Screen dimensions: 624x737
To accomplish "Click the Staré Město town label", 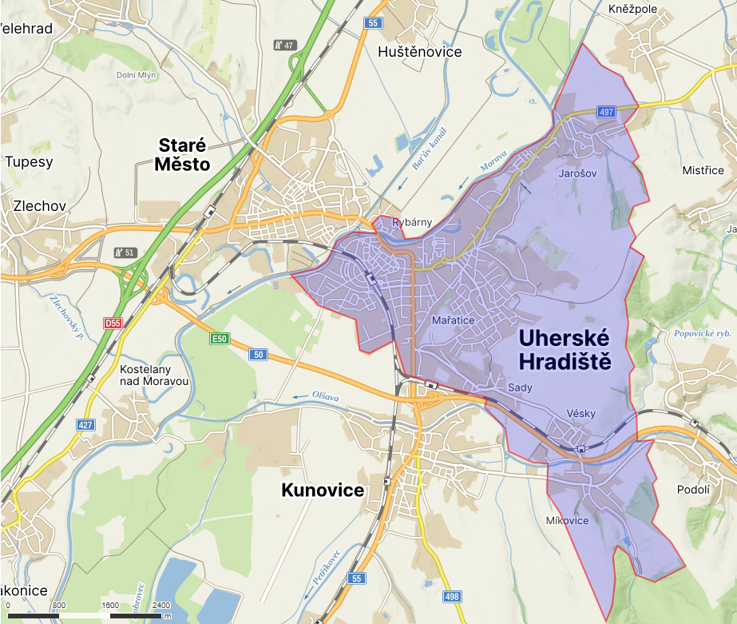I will (184, 155).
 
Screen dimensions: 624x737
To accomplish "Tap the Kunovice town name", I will (323, 490).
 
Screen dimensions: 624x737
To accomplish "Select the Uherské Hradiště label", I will (565, 349).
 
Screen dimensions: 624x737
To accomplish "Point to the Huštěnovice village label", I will (419, 51).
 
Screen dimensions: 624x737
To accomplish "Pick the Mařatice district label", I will (453, 320).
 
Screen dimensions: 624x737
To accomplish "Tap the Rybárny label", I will (412, 222).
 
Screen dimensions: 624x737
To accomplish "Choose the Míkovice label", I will (567, 521).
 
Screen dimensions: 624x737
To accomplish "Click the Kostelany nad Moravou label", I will (154, 376).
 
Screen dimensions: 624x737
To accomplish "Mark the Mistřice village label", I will (703, 170).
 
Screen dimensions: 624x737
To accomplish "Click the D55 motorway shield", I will (113, 323).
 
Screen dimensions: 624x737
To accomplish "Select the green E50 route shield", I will (220, 340).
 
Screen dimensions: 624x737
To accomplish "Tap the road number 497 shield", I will (605, 112).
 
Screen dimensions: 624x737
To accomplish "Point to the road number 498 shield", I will (452, 597).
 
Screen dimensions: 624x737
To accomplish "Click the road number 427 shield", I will (85, 425).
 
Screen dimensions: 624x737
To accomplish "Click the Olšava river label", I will (326, 395).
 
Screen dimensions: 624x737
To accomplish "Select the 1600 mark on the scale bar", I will (110, 605).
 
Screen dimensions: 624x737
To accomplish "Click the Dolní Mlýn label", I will (137, 75).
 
